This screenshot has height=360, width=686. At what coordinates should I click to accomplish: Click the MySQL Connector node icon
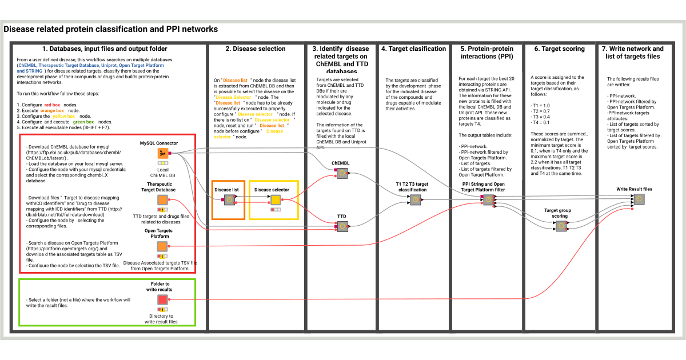(x=163, y=153)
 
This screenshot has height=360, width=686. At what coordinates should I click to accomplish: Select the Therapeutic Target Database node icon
(x=163, y=200)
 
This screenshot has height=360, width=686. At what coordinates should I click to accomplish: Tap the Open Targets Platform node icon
(x=163, y=246)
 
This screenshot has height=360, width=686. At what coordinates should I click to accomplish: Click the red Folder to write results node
(x=163, y=299)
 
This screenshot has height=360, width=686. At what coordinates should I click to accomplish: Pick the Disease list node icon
(x=229, y=199)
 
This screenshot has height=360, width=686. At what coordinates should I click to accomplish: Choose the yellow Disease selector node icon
(x=275, y=199)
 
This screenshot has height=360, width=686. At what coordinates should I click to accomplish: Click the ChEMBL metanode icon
(x=342, y=174)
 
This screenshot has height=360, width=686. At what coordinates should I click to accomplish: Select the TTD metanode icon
(x=342, y=226)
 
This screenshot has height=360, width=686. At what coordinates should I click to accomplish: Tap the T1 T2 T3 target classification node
(x=415, y=200)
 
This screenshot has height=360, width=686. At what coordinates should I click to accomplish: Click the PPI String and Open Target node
(x=489, y=199)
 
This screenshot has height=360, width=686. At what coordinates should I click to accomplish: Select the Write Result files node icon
(x=639, y=199)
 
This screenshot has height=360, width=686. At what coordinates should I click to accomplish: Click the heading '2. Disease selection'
(x=255, y=49)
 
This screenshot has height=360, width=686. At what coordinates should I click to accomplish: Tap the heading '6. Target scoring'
(x=560, y=49)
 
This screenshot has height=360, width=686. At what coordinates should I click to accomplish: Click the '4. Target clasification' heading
(x=413, y=49)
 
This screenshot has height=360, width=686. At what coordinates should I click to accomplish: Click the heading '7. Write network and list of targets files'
(x=633, y=53)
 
